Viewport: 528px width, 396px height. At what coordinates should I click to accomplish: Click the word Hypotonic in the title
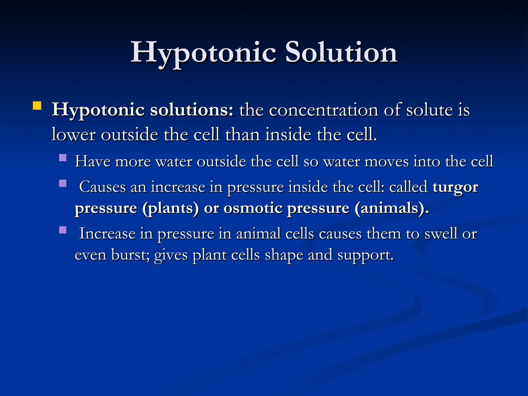coord(203,53)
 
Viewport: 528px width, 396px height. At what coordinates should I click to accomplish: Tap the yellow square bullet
coord(37,106)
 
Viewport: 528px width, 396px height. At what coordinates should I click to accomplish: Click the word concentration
coord(324,110)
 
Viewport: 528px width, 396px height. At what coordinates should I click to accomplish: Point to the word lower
coord(73,135)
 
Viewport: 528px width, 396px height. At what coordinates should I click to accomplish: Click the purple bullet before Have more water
coord(63,158)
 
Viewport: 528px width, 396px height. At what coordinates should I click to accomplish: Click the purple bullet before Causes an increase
coord(63,183)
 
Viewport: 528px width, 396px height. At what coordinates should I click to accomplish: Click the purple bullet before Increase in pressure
coord(63,230)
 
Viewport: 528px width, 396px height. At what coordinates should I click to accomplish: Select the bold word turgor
coord(455,187)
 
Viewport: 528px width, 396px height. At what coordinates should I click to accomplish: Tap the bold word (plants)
coord(171,208)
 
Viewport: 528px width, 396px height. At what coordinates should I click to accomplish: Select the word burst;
coord(130,255)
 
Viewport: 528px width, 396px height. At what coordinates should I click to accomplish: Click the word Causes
coord(102,187)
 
